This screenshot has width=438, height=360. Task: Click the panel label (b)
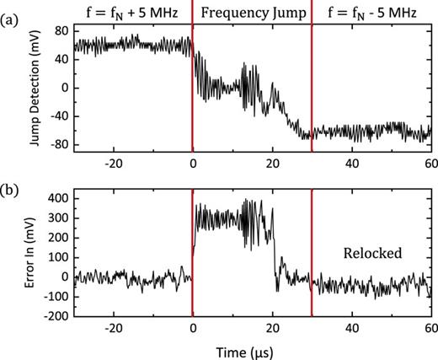pos(13,182)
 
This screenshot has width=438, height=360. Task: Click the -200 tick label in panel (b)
pos(53,316)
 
